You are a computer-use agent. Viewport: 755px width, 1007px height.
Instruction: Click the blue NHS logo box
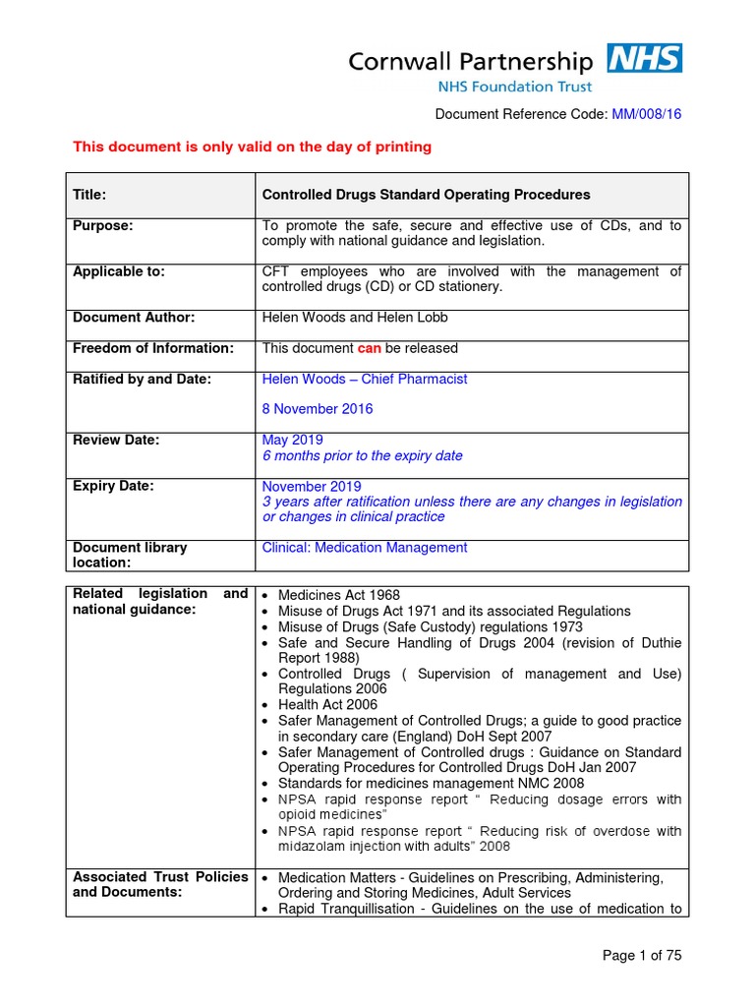tap(644, 59)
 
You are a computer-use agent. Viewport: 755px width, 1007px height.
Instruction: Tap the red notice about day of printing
tap(253, 148)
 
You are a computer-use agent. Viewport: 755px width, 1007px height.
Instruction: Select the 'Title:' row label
tap(89, 195)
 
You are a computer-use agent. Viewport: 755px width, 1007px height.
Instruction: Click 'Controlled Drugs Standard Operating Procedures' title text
tap(426, 195)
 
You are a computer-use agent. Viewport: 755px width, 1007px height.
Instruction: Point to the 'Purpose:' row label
tap(102, 226)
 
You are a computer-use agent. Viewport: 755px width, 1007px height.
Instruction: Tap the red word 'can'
tap(369, 348)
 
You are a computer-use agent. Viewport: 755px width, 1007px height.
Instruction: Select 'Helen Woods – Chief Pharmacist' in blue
tap(364, 379)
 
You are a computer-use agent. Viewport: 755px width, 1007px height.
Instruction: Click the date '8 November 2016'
tap(318, 409)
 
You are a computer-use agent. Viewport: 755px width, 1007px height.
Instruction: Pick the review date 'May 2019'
tap(292, 441)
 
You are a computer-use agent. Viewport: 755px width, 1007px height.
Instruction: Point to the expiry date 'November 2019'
tap(312, 487)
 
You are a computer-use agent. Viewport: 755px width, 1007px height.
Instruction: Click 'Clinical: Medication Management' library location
tap(365, 548)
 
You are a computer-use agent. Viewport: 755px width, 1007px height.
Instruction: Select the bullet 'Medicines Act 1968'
tap(341, 595)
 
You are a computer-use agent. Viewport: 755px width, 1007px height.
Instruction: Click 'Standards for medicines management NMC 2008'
tap(431, 784)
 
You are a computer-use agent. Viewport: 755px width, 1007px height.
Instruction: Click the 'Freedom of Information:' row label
tap(153, 348)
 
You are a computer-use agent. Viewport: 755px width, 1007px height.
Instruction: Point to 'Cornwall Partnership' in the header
tap(471, 62)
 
